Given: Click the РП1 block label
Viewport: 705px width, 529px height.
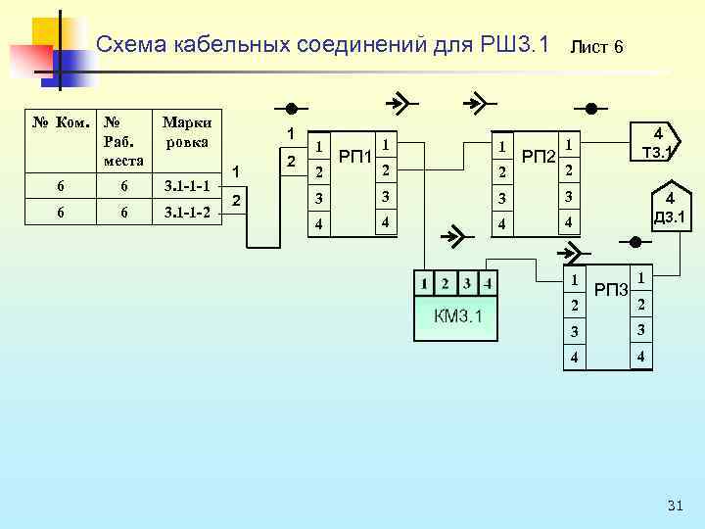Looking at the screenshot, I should coord(353,156).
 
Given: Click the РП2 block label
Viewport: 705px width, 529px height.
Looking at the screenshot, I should coord(538,156).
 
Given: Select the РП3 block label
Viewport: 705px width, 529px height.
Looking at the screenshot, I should coord(610,289).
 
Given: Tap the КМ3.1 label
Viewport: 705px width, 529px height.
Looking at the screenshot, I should coord(458,317).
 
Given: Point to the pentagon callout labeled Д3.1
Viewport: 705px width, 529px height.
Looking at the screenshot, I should coord(670,209).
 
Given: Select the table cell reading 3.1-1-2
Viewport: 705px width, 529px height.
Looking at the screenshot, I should coord(186,212).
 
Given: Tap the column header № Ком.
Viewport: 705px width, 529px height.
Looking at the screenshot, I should coord(62,123).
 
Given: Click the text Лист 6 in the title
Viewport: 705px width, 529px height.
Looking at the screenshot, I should coord(596,47).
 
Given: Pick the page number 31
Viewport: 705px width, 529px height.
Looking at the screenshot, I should coord(674,505).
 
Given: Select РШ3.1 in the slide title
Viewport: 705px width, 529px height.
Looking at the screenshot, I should coord(513,45).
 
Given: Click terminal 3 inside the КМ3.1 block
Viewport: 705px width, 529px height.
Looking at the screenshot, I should coord(467,284).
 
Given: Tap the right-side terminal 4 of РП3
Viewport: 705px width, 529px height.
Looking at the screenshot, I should coord(640,357).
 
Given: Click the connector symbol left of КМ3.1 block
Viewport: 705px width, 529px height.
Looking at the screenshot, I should coord(453,235).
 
